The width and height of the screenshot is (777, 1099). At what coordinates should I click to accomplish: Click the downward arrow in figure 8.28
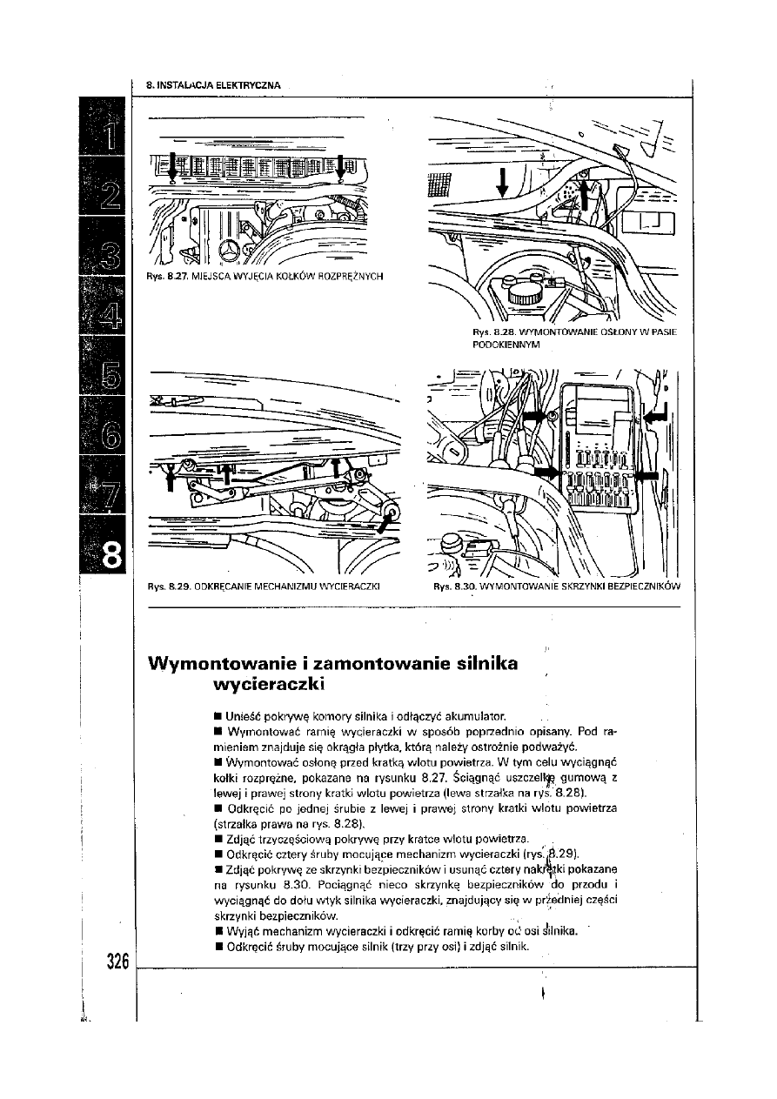point(503,184)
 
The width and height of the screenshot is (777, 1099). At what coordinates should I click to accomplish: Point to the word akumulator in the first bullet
point(487,714)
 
